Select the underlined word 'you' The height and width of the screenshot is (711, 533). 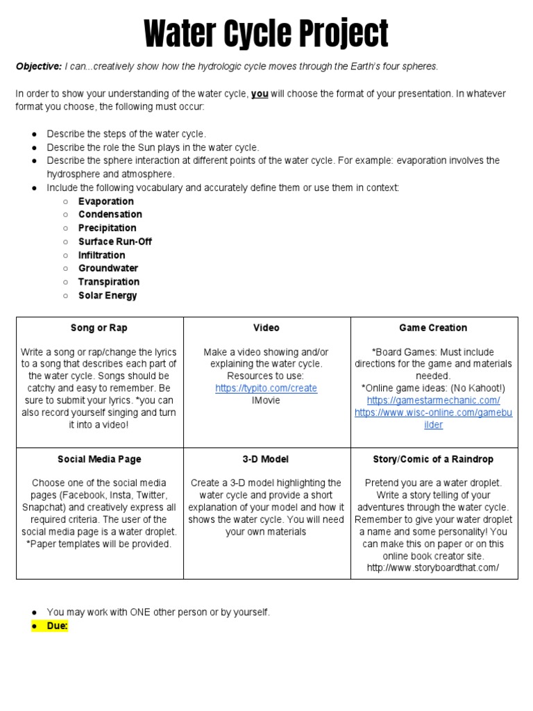click(x=260, y=94)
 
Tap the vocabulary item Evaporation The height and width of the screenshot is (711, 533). click(x=105, y=201)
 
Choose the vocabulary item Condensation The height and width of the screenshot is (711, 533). click(x=110, y=215)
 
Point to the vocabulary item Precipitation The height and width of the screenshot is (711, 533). click(x=107, y=228)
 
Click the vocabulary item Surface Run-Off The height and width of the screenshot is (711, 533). click(x=115, y=242)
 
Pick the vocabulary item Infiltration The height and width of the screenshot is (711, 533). click(x=101, y=255)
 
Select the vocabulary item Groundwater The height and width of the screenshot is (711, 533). click(x=108, y=268)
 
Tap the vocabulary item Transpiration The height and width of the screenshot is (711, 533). click(x=108, y=282)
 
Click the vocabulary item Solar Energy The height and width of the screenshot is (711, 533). click(x=108, y=295)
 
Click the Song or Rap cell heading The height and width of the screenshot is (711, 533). click(x=99, y=328)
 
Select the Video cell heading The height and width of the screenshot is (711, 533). click(x=266, y=328)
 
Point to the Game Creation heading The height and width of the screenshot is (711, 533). click(x=433, y=328)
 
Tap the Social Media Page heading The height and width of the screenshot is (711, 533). click(x=99, y=460)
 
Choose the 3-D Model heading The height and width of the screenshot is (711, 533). click(x=266, y=460)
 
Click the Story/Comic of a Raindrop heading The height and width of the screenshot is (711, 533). click(x=433, y=460)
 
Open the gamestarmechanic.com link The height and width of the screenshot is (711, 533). click(x=433, y=401)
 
